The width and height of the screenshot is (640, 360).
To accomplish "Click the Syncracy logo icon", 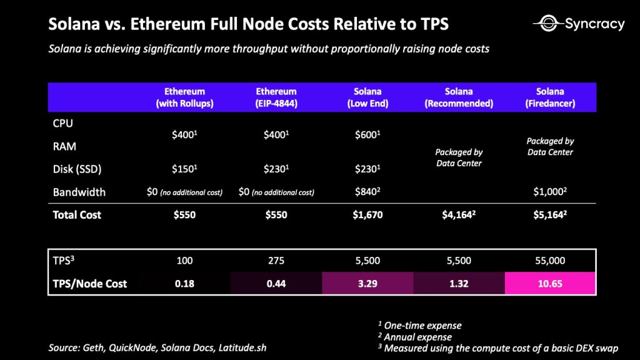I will pos(547,24).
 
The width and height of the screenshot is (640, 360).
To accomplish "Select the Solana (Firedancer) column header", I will pos(551,97).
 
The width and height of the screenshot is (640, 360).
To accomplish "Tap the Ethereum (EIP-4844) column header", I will pos(276,97).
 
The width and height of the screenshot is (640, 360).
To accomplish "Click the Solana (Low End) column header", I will pos(367,97).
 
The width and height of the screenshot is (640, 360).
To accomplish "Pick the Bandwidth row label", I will pos(79,192).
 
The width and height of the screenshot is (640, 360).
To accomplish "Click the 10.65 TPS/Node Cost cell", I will pos(551,284).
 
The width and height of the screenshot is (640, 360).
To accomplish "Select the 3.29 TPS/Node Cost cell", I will pos(367,284).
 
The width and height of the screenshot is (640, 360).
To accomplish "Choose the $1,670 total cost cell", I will pos(367,215).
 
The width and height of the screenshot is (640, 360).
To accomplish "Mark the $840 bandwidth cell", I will pos(367,192).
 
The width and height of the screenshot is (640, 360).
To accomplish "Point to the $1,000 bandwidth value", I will pos(551,192).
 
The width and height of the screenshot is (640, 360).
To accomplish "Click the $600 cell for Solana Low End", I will pos(367,135).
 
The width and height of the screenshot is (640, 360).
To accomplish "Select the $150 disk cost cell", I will pos(184,169).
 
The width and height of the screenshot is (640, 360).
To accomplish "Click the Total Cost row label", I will pos(77,215).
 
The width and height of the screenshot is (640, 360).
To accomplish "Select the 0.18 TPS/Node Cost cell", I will pos(184,284).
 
